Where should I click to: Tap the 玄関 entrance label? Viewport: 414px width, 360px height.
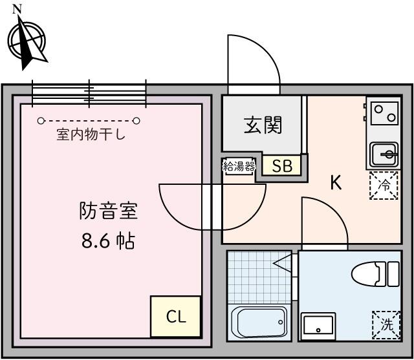click(263, 125)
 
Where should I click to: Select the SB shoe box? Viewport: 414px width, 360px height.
click(282, 165)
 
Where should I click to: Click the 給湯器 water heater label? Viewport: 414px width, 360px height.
click(239, 166)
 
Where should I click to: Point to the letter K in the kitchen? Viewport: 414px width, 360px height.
click(336, 182)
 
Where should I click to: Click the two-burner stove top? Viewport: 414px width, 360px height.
click(384, 113)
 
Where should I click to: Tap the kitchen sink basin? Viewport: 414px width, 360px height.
click(384, 154)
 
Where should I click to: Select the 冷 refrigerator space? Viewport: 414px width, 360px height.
click(384, 185)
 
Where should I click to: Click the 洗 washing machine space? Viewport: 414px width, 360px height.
click(387, 325)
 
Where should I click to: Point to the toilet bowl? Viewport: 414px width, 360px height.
click(367, 274)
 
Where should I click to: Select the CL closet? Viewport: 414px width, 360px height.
click(175, 317)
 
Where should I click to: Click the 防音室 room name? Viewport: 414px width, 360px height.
click(108, 211)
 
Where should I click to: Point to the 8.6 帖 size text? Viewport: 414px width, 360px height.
click(108, 240)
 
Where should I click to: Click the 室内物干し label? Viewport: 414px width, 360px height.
click(91, 134)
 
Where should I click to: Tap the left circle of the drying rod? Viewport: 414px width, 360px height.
click(40, 121)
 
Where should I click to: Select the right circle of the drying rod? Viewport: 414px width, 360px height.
click(136, 121)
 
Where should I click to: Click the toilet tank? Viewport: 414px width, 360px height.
click(393, 274)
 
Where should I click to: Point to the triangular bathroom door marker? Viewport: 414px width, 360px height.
click(283, 263)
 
